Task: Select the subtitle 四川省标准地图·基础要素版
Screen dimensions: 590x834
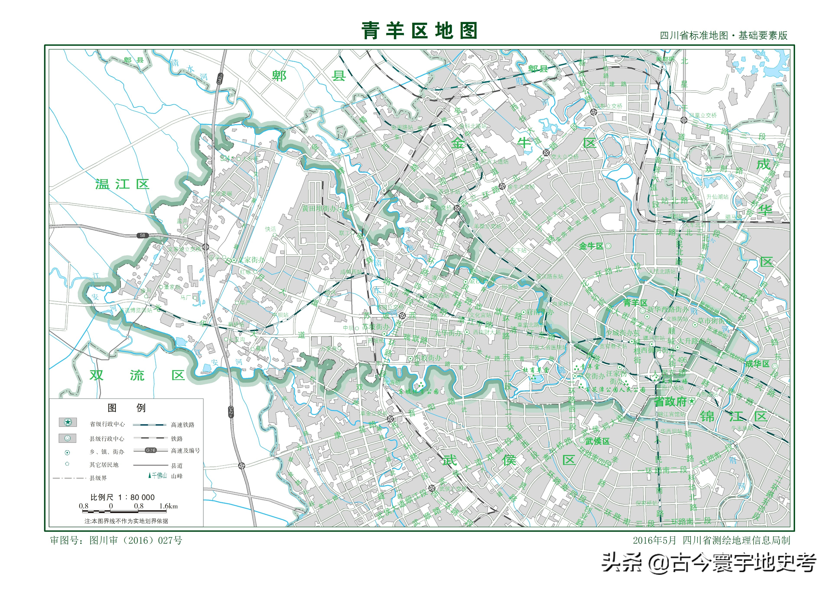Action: point(724,36)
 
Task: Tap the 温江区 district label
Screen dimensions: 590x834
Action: point(122,184)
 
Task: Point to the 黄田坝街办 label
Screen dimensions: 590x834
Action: point(319,208)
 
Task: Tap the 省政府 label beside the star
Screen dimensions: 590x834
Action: point(670,402)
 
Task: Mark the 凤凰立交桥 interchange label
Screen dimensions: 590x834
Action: point(703,115)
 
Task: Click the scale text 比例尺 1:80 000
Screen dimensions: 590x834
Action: point(122,497)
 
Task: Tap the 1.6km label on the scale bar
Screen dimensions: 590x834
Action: point(168,506)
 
